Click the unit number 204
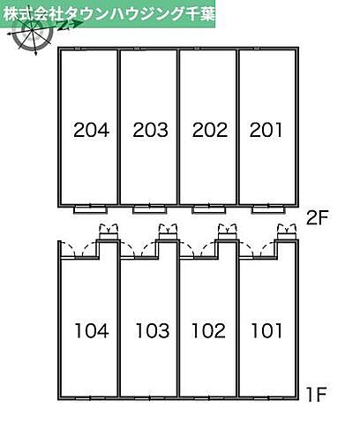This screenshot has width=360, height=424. pyautogui.click(x=92, y=130)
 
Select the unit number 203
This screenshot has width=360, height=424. pyautogui.click(x=150, y=130)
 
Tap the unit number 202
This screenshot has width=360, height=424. pyautogui.click(x=210, y=130)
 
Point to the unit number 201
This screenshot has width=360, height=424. pyautogui.click(x=266, y=130)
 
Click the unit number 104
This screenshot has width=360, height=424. pyautogui.click(x=92, y=330)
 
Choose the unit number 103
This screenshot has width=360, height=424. pyautogui.click(x=153, y=330)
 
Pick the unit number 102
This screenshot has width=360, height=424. pyautogui.click(x=208, y=330)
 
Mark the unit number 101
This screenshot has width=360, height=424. pyautogui.click(x=266, y=330)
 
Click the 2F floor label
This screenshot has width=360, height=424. pyautogui.click(x=317, y=218)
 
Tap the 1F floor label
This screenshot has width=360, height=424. pyautogui.click(x=317, y=395)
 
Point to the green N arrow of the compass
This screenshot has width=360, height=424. pyautogui.click(x=70, y=26)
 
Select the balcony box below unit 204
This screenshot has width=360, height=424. pyautogui.click(x=90, y=210)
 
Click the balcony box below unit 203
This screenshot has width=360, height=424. pyautogui.click(x=150, y=210)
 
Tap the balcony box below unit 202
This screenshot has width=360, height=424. pyautogui.click(x=209, y=210)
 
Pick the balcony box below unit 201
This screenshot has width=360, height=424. pyautogui.click(x=268, y=210)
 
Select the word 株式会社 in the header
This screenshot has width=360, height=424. pyautogui.click(x=30, y=14)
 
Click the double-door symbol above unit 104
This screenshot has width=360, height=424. pyautogui.click(x=109, y=231)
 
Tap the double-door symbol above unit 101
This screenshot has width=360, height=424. pyautogui.click(x=287, y=231)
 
